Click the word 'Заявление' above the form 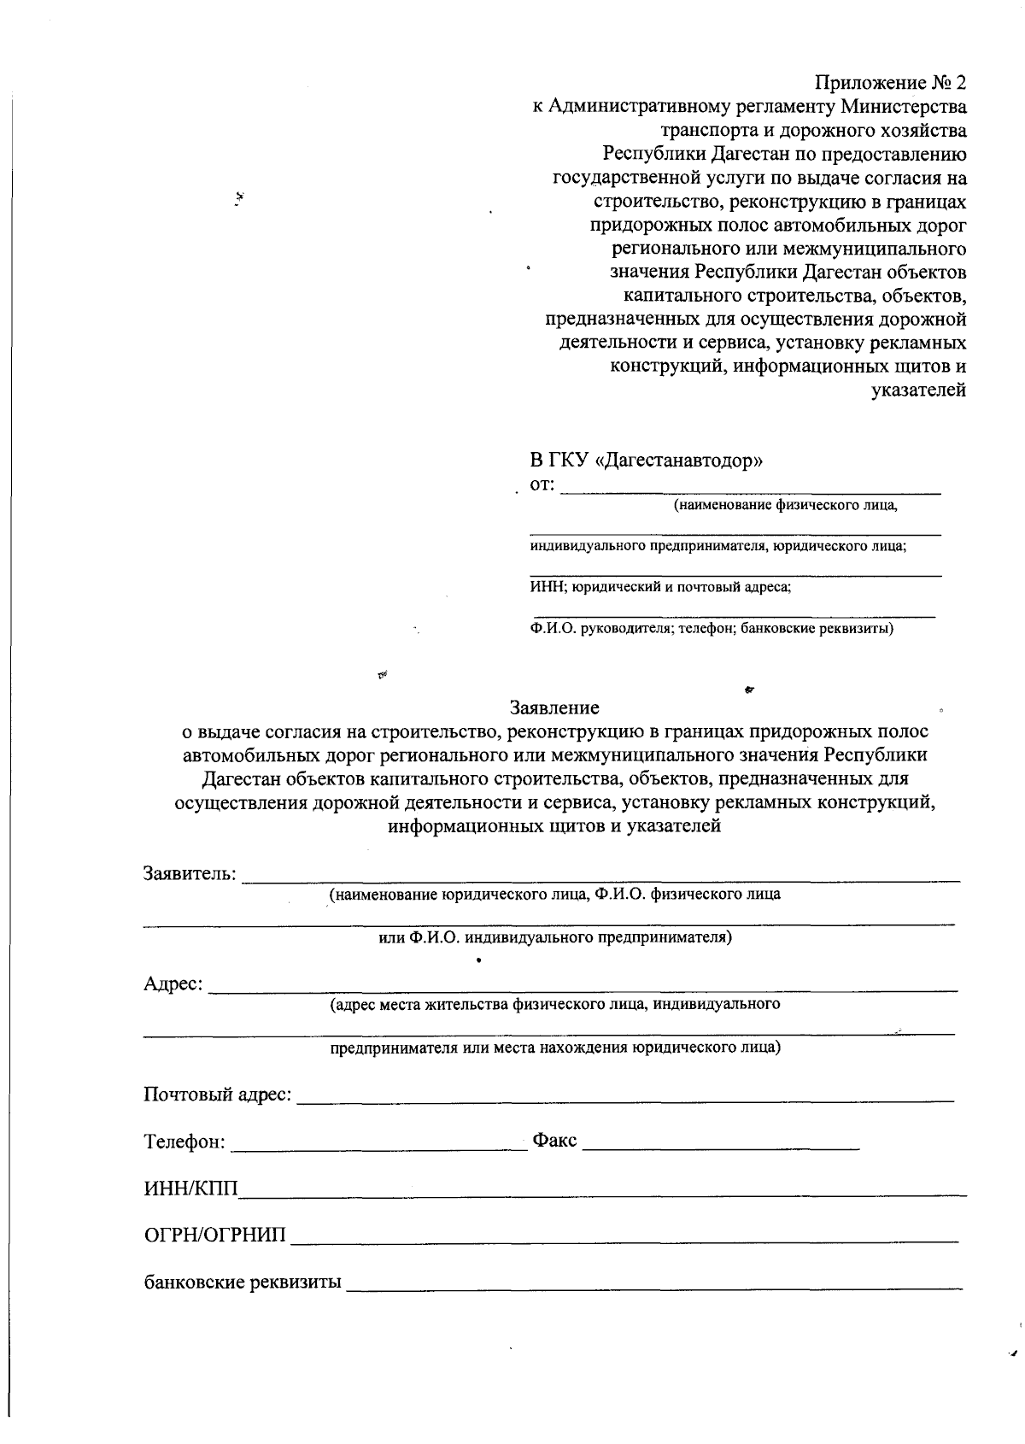pyautogui.click(x=554, y=708)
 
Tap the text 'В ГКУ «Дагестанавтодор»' pyautogui.click(x=646, y=461)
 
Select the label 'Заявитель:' pyautogui.click(x=190, y=874)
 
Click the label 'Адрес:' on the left pyautogui.click(x=173, y=984)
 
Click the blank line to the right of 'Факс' pyautogui.click(x=722, y=1144)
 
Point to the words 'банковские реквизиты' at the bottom pyautogui.click(x=243, y=1283)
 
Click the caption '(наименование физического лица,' pyautogui.click(x=786, y=506)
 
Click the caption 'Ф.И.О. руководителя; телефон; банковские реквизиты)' pyautogui.click(x=711, y=630)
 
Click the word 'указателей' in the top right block pyautogui.click(x=918, y=391)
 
